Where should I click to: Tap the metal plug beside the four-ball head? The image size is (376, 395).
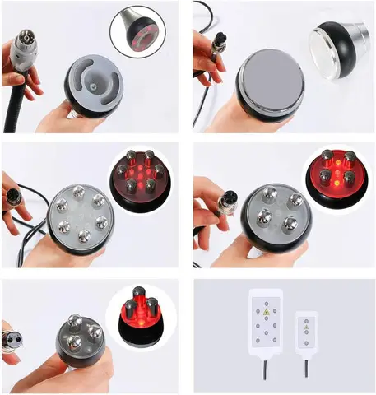pyautogui.click(x=220, y=203)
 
